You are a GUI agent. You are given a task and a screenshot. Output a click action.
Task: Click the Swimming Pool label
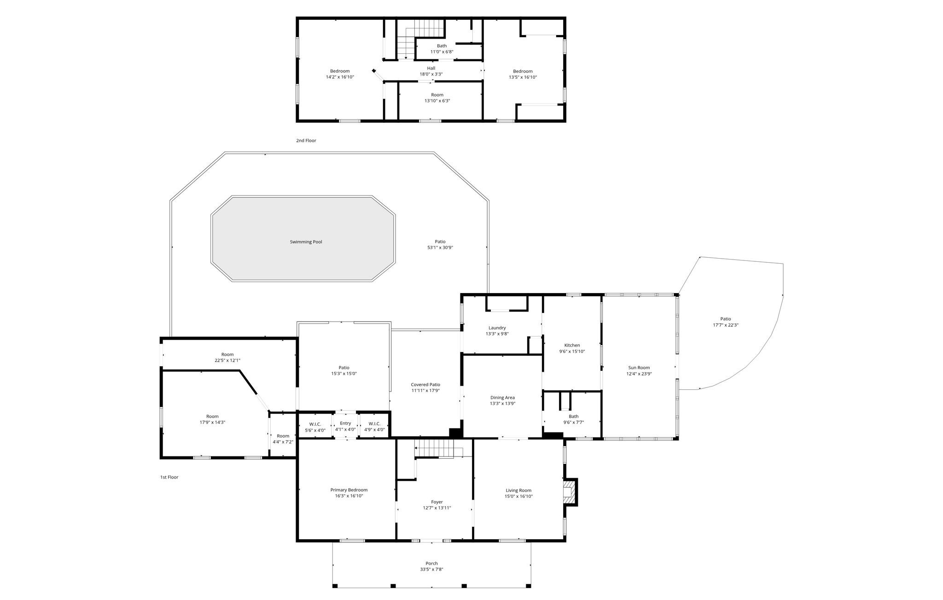coord(306,242)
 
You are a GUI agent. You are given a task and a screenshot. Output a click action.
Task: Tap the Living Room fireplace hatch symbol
coord(570,492)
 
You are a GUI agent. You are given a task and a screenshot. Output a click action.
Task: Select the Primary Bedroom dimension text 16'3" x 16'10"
coord(349,496)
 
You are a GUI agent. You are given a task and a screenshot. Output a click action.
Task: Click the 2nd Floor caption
coord(306,140)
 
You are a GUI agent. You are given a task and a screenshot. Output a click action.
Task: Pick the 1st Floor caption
coord(169,477)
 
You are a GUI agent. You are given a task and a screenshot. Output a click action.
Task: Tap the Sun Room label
coord(639,368)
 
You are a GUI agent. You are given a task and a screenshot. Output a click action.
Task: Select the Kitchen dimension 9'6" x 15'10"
coord(572,352)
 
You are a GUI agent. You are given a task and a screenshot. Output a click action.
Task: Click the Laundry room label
coord(497,328)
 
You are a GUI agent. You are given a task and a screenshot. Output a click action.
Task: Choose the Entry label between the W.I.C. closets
coord(345,423)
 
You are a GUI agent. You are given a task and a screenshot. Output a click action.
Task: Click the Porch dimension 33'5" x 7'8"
coord(431,569)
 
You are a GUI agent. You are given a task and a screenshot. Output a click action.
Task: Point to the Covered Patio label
coord(425,385)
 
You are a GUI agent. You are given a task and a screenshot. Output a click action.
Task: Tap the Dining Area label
coord(502,398)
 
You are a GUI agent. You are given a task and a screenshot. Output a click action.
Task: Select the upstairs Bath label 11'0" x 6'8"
coord(442,46)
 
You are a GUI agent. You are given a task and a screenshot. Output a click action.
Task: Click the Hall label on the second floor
coord(431,68)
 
